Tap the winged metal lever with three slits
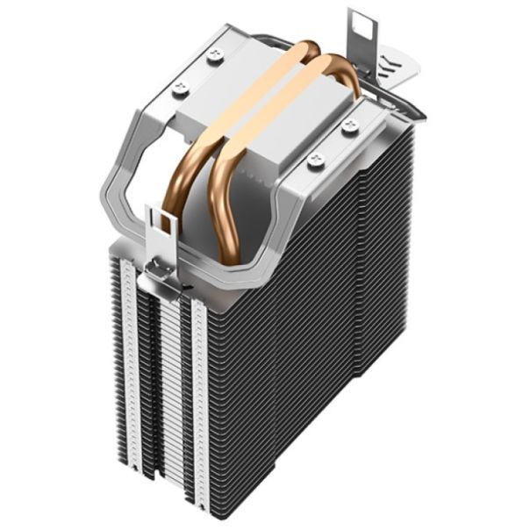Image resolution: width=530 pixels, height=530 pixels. [400, 69]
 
